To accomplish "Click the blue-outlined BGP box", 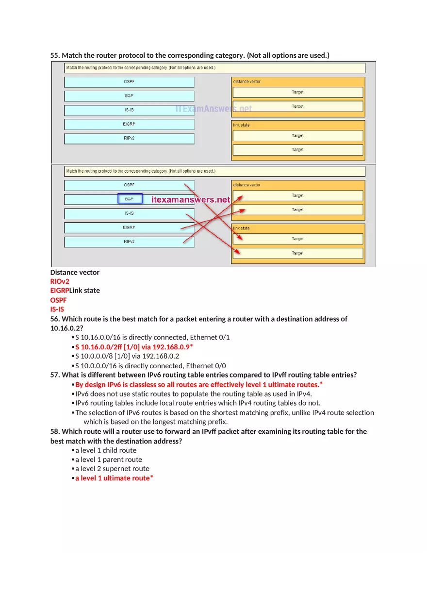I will click(130, 199).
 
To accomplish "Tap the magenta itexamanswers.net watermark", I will click(191, 199).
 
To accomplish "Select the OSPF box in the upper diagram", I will click(129, 82).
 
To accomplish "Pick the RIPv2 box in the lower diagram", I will click(129, 242).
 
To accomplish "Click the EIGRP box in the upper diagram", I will click(129, 124).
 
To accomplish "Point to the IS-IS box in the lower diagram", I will click(129, 213).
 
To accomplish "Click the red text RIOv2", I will click(60, 281).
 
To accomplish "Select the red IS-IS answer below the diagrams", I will click(57, 309).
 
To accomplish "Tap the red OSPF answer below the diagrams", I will click(59, 300).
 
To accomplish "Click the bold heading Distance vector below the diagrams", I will click(75, 272).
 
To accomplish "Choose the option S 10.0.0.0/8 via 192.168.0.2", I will click(127, 356).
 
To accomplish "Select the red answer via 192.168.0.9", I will click(134, 347).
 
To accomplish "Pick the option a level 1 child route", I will click(106, 450).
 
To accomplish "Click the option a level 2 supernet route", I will click(112, 469).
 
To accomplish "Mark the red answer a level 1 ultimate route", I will click(114, 478).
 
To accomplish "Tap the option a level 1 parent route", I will click(109, 459).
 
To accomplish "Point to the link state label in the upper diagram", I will click(241, 125).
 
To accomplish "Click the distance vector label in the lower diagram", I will click(246, 185).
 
